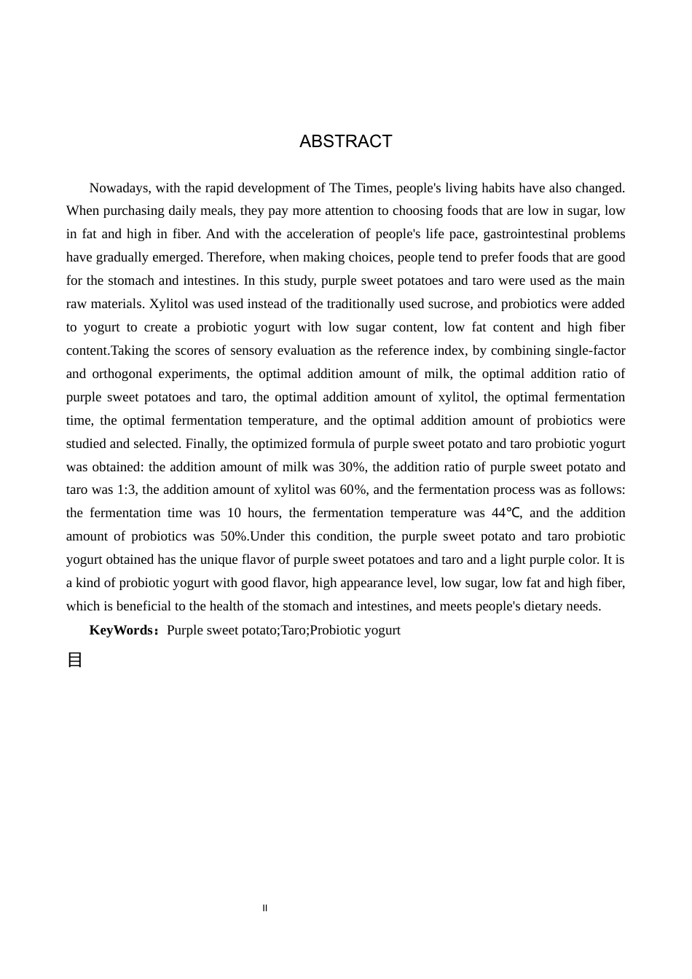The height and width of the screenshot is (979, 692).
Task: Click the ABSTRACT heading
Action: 345,141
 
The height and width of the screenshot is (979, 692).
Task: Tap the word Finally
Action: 206,444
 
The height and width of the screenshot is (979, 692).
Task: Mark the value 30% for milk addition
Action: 352,467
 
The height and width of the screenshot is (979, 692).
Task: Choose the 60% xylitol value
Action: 353,489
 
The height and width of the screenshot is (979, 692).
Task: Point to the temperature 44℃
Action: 506,513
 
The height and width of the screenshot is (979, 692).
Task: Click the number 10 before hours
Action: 234,513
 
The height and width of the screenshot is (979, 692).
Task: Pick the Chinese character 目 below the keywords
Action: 74,660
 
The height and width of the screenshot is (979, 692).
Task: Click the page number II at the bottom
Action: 265,908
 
